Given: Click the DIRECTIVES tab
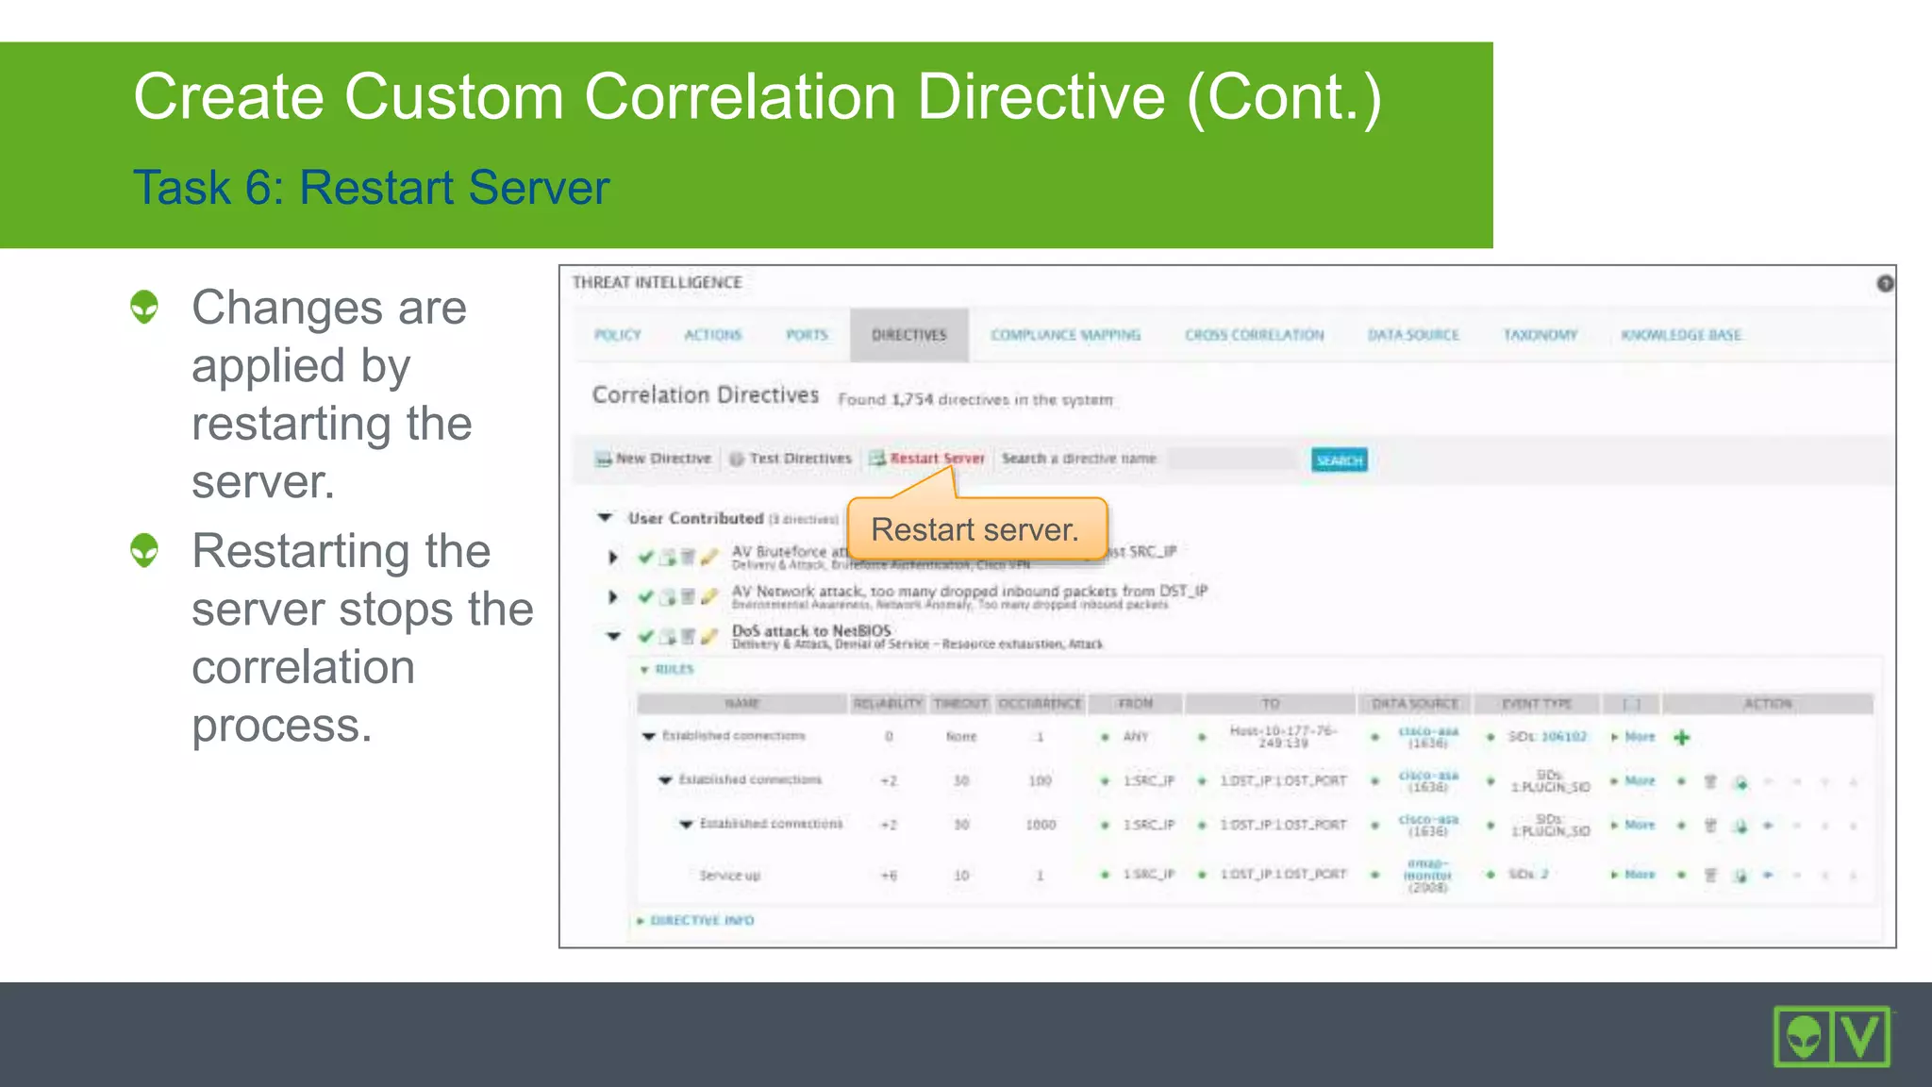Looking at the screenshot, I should (908, 335).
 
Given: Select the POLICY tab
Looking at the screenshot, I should (617, 335).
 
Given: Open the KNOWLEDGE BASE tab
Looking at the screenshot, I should (1681, 335).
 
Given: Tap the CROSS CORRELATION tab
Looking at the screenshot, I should (1254, 335).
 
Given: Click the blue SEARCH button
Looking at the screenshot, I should (1339, 460).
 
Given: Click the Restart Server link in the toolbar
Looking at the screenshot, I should (936, 459).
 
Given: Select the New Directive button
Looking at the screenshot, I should (662, 459).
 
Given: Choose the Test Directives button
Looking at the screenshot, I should (799, 459).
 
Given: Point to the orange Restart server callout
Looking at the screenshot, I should (975, 529).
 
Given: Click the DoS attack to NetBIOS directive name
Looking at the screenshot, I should (810, 630).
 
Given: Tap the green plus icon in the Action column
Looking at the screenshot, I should (1681, 737).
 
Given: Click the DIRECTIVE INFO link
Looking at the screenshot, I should (702, 920).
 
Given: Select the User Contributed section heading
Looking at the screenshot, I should (695, 518).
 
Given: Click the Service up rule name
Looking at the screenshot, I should (729, 876).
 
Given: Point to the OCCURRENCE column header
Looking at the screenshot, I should (1040, 703).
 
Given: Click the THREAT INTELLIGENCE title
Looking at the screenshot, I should (657, 282).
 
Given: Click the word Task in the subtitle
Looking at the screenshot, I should (180, 187).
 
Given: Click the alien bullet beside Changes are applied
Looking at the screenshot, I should (144, 307).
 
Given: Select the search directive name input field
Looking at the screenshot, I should (1231, 460).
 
